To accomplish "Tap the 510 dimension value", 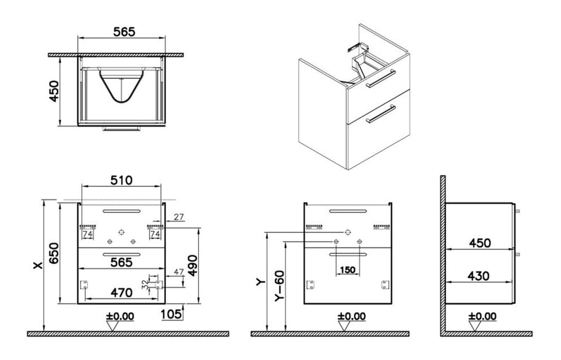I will click(121, 180).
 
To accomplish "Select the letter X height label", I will click(37, 265).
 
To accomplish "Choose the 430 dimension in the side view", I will click(478, 276).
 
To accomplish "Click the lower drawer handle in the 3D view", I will click(379, 114).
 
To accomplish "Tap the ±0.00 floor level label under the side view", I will click(482, 316).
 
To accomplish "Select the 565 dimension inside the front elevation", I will click(121, 262).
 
